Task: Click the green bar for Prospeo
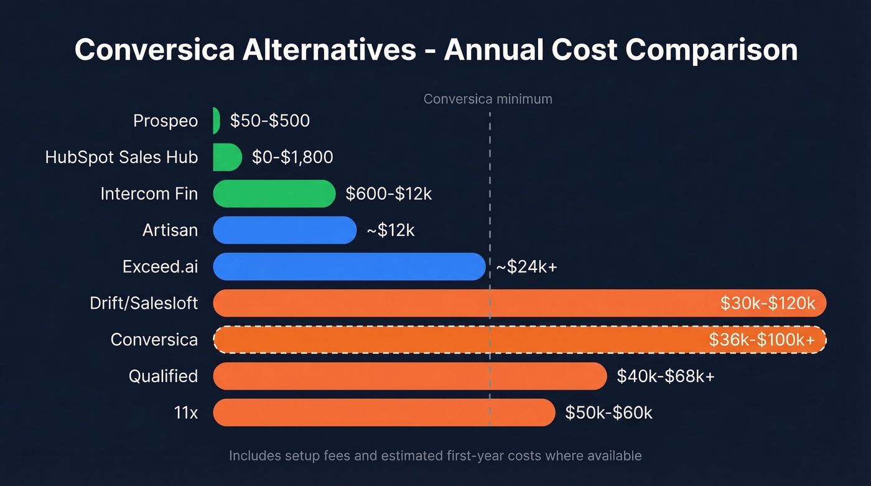(216, 120)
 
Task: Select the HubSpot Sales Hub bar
(226, 157)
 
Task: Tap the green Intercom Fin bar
(274, 194)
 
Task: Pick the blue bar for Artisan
(284, 230)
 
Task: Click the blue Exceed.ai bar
(348, 266)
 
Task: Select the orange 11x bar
(383, 413)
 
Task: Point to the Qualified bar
(409, 376)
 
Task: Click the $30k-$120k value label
(767, 303)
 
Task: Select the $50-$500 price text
(269, 120)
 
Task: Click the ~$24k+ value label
(526, 267)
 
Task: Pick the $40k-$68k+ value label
(665, 376)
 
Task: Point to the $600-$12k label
(388, 194)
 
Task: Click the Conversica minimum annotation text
(487, 99)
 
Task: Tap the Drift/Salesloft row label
(144, 303)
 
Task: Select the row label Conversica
(154, 340)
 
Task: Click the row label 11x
(185, 413)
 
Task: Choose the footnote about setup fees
(435, 456)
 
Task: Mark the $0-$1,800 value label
(292, 157)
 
